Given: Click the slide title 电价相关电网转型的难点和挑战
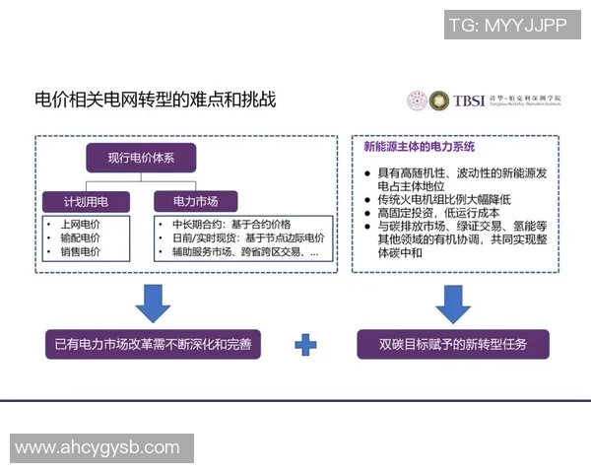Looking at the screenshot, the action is (157, 100).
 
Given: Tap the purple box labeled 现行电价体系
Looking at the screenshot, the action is (140, 157).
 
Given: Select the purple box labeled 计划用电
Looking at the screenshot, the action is (86, 201).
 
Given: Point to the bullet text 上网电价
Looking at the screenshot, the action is (80, 224).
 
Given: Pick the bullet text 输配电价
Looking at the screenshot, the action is (80, 237).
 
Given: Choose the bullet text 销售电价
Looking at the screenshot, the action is (80, 252).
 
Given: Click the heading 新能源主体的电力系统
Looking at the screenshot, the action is (419, 148).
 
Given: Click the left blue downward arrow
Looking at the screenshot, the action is (153, 303).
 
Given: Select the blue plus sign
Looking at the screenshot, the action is (306, 345).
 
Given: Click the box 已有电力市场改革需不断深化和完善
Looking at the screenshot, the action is (153, 345).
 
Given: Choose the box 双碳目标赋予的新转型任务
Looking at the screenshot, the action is (453, 345).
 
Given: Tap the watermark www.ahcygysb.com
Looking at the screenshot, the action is (98, 448).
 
